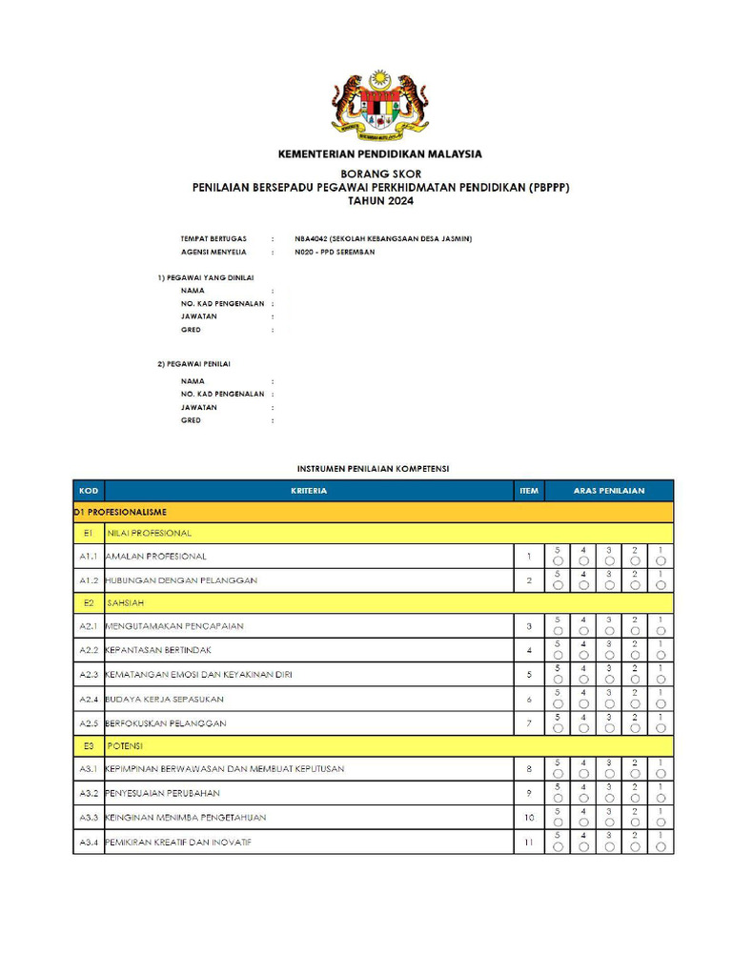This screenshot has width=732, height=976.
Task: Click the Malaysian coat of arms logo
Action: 379,104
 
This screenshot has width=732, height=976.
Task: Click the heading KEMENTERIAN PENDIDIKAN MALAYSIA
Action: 379,153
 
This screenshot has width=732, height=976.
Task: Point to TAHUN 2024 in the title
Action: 380,201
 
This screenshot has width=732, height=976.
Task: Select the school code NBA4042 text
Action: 312,238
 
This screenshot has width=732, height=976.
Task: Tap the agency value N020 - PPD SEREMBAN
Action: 335,252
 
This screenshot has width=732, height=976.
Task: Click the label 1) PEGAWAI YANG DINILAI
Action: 205,276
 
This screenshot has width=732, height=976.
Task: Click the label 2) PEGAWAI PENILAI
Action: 193,363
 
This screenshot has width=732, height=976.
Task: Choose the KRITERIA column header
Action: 309,491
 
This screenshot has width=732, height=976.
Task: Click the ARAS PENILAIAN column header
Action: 609,491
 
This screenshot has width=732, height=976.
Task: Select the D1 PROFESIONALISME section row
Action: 120,512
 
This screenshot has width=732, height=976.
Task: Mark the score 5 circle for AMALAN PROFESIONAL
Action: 558,561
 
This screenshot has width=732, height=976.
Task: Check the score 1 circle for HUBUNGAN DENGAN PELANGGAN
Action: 661,585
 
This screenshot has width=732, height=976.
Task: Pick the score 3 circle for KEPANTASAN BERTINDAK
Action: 609,656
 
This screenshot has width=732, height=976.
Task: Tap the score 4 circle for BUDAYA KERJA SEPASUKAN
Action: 583,703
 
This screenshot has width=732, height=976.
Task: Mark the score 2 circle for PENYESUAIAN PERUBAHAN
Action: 635,798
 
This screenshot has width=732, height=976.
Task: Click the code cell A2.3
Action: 88,674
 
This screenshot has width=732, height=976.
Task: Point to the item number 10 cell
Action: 529,817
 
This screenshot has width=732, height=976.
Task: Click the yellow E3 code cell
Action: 88,744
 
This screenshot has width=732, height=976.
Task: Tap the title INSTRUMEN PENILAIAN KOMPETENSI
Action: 373,469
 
